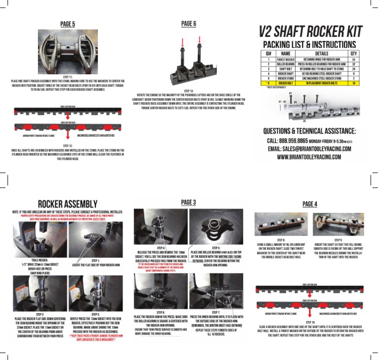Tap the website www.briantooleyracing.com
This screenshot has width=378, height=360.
tap(309, 157)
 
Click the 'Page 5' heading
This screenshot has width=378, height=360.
tap(67, 24)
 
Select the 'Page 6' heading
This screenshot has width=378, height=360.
tap(189, 24)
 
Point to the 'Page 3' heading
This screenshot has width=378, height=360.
tap(189, 202)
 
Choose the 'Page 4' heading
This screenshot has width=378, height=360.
tap(310, 204)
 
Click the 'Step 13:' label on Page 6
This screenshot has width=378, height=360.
tap(189, 91)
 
